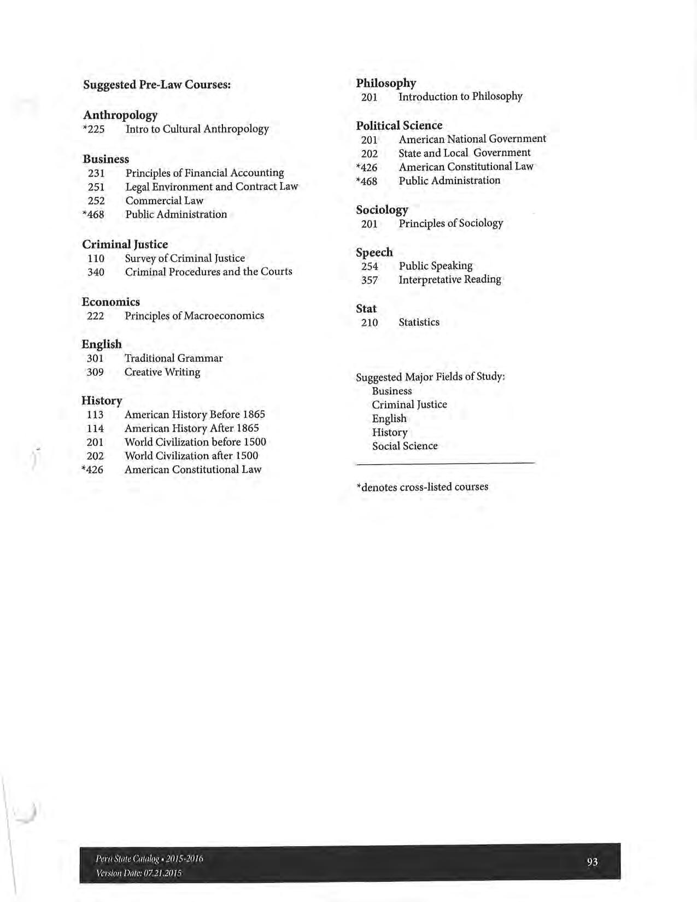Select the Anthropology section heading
pos(120,115)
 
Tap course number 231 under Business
pos(96,173)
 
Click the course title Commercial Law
pos(164,201)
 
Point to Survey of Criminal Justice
pos(185,258)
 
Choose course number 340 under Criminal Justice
pos(96,272)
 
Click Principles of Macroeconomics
pos(194,316)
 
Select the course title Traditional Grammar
pos(173,359)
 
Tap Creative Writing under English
pos(162,372)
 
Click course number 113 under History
pos(95,415)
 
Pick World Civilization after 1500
pos(191,456)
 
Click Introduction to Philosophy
pos(460,97)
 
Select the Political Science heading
pos(399,126)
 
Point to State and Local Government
pos(464,153)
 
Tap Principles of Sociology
pos(450,224)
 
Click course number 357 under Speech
pos(370,280)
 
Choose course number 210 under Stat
pos(370,323)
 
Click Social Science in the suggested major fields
pos(405,446)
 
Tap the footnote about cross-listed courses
pos(422,487)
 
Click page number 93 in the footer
pos(592,862)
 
